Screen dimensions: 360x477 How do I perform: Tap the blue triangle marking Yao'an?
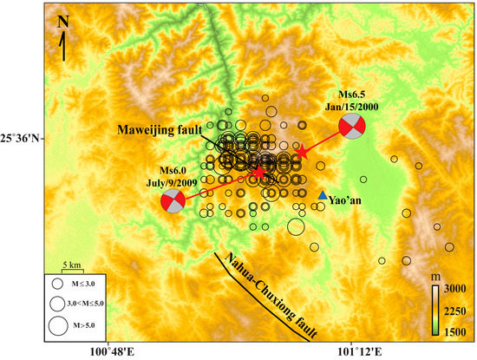point(323,196)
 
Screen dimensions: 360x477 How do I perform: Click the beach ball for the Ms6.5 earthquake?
point(351,126)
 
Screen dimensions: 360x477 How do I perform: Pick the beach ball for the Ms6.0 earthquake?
point(173,202)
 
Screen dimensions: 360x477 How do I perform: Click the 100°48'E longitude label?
point(108,351)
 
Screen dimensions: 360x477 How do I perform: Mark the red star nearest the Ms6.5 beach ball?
point(302,153)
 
